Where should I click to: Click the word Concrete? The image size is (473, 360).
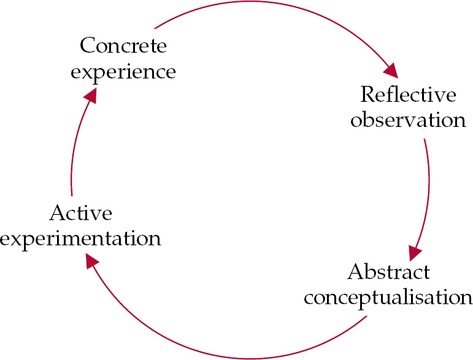123,46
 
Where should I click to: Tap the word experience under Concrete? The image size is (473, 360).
123,72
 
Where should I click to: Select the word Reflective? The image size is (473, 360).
408,95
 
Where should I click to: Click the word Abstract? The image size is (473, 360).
388,272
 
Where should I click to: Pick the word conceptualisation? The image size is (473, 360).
388,297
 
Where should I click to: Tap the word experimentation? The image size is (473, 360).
80,238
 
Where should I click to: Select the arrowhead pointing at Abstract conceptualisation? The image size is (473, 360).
415,252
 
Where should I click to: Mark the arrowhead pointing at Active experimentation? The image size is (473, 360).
91,261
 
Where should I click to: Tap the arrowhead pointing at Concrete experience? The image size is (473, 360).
91,95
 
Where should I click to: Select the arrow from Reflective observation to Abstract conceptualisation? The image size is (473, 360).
428,184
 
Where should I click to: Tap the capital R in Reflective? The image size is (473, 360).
367,95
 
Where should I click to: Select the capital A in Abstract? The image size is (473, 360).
355,272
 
